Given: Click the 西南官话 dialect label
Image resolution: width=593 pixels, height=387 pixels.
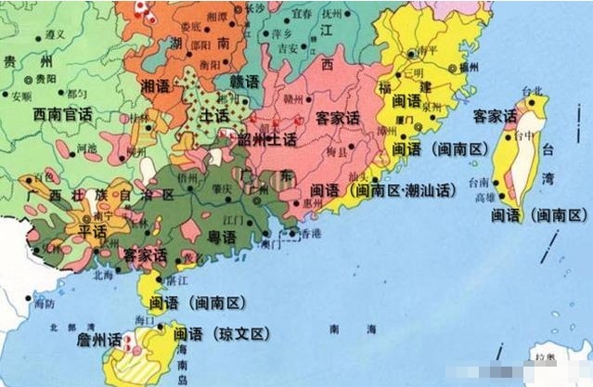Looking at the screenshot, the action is pos(61,115).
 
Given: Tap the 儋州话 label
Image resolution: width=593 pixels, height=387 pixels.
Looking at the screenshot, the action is pos(100,340).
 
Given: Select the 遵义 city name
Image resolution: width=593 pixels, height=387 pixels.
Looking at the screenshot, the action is pos(56,34).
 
